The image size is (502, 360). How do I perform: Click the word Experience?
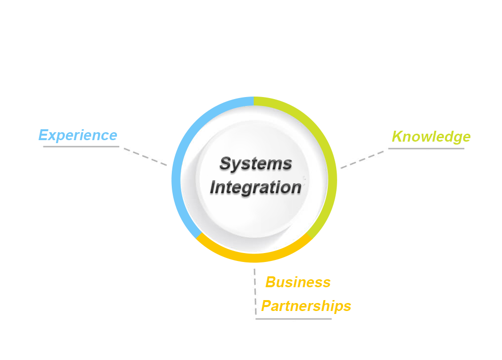pyautogui.click(x=78, y=135)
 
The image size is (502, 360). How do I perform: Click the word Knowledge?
pyautogui.click(x=431, y=137)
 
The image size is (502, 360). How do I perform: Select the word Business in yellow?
pyautogui.click(x=298, y=282)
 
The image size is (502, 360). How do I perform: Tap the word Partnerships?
pyautogui.click(x=306, y=306)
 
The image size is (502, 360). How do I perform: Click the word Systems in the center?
pyautogui.click(x=255, y=163)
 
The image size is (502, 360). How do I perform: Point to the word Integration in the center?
pyautogui.click(x=255, y=188)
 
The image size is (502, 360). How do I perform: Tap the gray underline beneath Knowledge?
pyautogui.click(x=426, y=148)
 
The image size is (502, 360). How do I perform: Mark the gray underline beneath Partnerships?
pyautogui.click(x=293, y=318)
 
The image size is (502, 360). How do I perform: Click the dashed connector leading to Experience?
pyautogui.click(x=145, y=156)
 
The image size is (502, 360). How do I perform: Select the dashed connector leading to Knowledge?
pyautogui.click(x=361, y=159)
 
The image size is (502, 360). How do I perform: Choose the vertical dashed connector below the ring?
pyautogui.click(x=255, y=292)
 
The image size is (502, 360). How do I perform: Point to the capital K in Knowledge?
pyautogui.click(x=397, y=137)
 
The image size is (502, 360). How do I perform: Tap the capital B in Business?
pyautogui.click(x=271, y=282)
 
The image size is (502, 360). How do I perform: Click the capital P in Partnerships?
pyautogui.click(x=266, y=306)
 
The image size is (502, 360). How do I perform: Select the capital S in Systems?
pyautogui.click(x=226, y=163)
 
